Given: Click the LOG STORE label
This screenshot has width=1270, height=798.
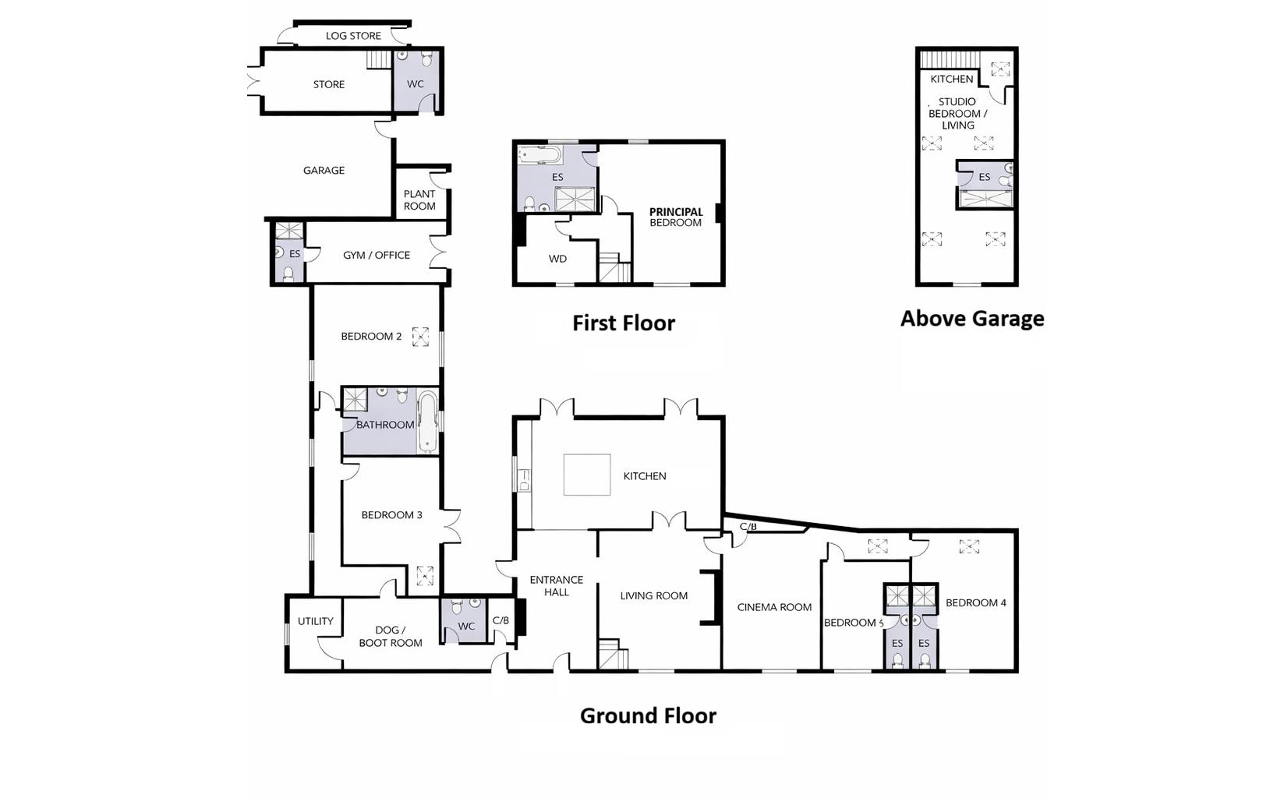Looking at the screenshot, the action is point(353,36).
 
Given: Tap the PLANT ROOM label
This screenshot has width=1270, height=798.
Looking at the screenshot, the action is point(419,200).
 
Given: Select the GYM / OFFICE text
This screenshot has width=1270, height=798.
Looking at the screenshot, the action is point(377,255).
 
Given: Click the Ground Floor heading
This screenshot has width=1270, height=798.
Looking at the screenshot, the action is point(648,716).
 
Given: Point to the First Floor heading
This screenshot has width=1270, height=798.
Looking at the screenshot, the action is point(624,323).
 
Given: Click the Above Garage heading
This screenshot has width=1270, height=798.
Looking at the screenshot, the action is point(972,319).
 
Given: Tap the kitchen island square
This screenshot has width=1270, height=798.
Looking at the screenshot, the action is point(587,475).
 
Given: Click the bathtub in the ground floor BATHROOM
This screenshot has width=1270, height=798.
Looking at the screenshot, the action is point(428,422).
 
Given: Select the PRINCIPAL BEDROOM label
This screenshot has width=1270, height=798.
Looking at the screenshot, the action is point(676,217).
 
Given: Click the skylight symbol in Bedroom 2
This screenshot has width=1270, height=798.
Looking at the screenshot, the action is point(420,337).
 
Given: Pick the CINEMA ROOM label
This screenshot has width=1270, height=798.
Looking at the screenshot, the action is point(774,608).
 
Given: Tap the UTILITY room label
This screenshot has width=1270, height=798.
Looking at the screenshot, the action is point(316,621).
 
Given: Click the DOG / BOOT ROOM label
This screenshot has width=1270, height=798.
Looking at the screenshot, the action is point(391,637).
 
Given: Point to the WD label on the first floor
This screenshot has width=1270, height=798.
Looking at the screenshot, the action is point(558,259).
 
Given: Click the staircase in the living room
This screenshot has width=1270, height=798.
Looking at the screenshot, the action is point(614,655).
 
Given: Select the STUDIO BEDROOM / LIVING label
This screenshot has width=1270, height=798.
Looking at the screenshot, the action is point(958,113).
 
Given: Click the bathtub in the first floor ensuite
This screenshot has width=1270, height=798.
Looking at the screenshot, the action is point(539,154).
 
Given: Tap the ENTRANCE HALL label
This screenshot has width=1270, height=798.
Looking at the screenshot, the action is point(556,585).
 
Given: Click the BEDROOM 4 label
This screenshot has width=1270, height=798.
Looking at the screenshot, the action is point(976,603).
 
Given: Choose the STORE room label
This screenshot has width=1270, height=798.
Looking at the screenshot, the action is point(329,84).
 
